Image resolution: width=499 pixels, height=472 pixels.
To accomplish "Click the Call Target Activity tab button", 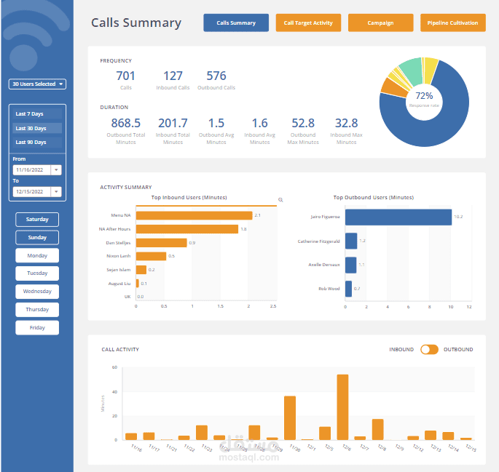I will tap(308, 23).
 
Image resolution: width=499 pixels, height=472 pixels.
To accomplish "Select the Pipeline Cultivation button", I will tap(452, 23).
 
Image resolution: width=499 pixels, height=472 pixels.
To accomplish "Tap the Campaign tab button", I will tap(380, 23).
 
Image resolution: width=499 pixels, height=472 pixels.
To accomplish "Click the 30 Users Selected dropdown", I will tap(37, 84).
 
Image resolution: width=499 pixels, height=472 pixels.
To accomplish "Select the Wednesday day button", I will tap(37, 291).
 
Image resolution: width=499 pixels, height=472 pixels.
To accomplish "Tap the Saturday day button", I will tap(37, 219).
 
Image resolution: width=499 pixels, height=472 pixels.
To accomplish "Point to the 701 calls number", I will tap(126, 76).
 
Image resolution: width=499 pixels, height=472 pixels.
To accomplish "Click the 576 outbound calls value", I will tap(216, 76).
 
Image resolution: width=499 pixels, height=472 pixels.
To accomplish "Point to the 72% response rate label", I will tap(424, 96).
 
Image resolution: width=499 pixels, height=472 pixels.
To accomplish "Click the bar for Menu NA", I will tap(194, 215).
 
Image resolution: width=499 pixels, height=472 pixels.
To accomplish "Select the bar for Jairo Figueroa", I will tap(398, 217).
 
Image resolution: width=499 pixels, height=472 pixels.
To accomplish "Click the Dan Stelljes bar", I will tap(161, 243).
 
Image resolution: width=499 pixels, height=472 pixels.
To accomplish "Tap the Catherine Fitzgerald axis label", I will tap(318, 241).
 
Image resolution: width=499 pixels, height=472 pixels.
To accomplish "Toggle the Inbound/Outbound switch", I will tap(429, 349).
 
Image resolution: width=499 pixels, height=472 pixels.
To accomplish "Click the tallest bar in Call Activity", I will tap(342, 407).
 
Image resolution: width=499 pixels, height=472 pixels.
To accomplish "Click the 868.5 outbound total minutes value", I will tap(126, 124).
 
